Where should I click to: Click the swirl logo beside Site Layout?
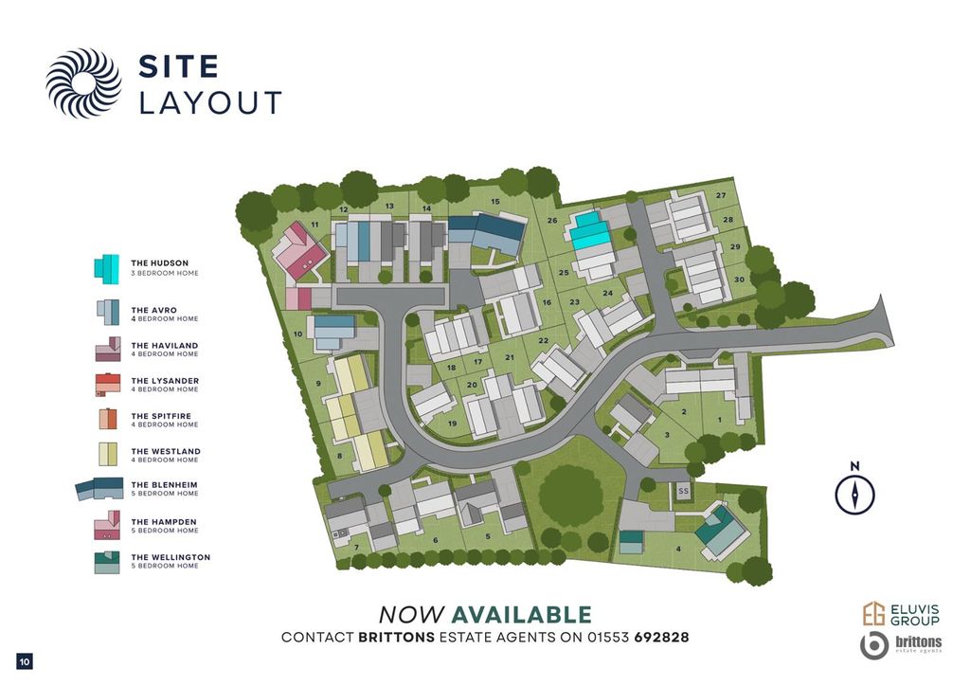pyautogui.click(x=83, y=82)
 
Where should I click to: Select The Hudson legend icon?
pyautogui.click(x=107, y=267)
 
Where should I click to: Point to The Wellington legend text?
pyautogui.click(x=171, y=557)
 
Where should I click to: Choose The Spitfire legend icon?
pyautogui.click(x=107, y=420)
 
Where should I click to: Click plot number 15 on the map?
pyautogui.click(x=494, y=202)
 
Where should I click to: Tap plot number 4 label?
pyautogui.click(x=678, y=549)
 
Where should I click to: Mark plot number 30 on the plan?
pyautogui.click(x=739, y=280)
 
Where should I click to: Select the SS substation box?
pyautogui.click(x=683, y=491)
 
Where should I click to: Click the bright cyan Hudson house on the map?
pyautogui.click(x=592, y=230)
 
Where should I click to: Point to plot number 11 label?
pyautogui.click(x=314, y=225)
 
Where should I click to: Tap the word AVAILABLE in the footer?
pyautogui.click(x=521, y=615)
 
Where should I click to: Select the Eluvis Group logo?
pyautogui.click(x=900, y=614)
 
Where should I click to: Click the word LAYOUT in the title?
pyautogui.click(x=210, y=102)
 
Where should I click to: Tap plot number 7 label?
pyautogui.click(x=356, y=548)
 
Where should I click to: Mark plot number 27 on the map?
pyautogui.click(x=721, y=196)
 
